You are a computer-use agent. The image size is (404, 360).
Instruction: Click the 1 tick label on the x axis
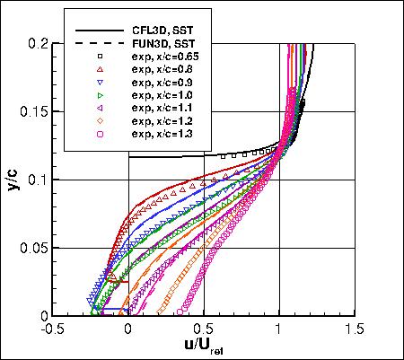point(279,329)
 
